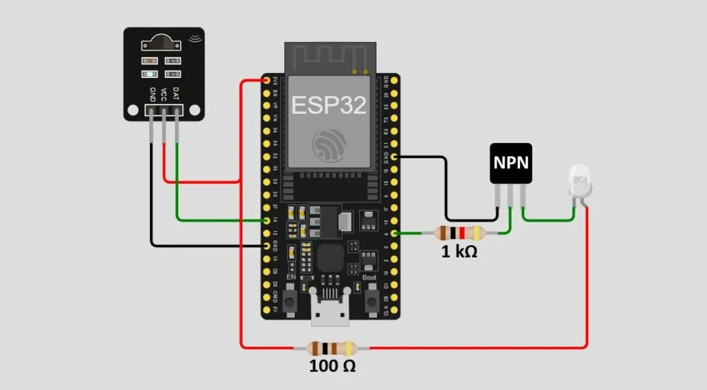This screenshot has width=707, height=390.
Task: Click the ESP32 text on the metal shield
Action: [329, 105]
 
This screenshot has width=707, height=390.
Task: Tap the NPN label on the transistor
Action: [511, 163]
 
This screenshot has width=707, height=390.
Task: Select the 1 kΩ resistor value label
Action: [459, 252]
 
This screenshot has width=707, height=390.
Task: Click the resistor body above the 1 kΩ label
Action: [459, 233]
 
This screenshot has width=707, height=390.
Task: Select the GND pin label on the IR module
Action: [152, 95]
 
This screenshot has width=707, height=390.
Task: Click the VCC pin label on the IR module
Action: [164, 95]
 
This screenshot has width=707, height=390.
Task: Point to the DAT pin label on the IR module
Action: [176, 95]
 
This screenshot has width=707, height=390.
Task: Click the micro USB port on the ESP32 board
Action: [330, 314]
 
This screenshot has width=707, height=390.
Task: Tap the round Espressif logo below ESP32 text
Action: [329, 144]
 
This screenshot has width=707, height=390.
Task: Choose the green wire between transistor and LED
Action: [549, 220]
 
